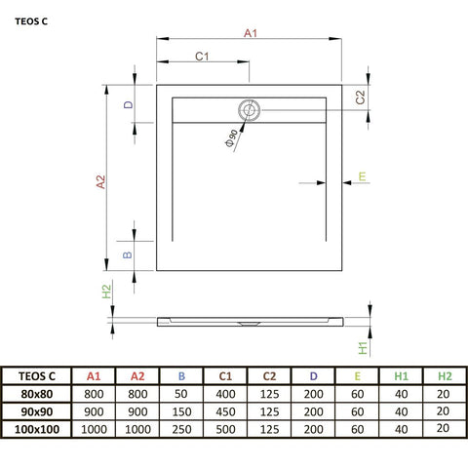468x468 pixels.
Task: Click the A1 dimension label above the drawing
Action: click(x=250, y=34)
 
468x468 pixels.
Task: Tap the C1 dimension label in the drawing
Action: click(x=203, y=58)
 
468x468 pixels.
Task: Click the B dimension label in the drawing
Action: click(x=127, y=255)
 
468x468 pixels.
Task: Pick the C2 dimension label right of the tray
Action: click(x=360, y=97)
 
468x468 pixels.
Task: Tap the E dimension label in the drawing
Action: click(x=362, y=176)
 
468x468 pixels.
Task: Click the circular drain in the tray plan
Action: click(x=250, y=110)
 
